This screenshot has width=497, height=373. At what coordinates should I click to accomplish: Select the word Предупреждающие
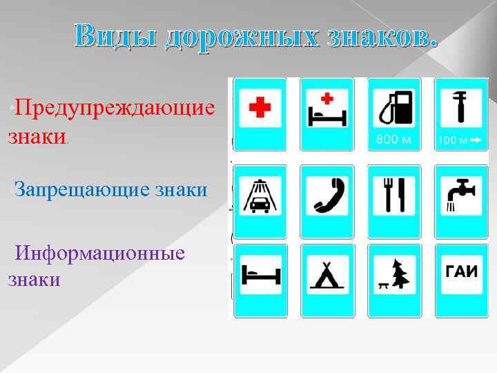(115, 108)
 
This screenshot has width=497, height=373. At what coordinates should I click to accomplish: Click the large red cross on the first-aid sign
(260, 108)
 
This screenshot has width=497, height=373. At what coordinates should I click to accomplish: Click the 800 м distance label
(393, 140)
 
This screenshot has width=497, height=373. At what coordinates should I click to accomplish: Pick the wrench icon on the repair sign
(458, 107)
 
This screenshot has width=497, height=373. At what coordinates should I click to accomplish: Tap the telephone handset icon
(327, 195)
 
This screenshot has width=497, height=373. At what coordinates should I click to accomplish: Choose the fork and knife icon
(392, 195)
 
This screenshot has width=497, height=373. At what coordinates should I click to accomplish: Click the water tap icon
(457, 194)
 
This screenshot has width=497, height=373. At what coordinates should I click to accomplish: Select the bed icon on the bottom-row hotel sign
(260, 274)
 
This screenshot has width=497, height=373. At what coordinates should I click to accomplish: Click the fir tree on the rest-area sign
(398, 273)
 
